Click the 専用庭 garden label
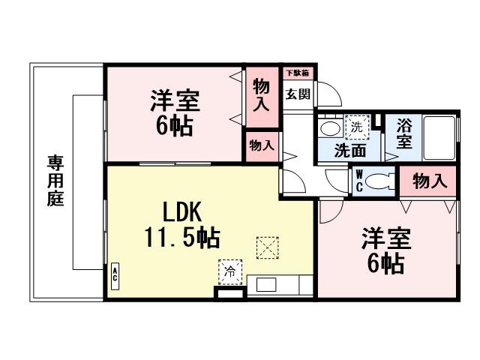55,181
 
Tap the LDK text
181,212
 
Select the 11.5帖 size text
181,238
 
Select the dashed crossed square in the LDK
266,246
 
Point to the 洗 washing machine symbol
358,127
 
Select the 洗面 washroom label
349,149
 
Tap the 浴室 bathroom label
404,133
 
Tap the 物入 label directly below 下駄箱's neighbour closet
262,145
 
